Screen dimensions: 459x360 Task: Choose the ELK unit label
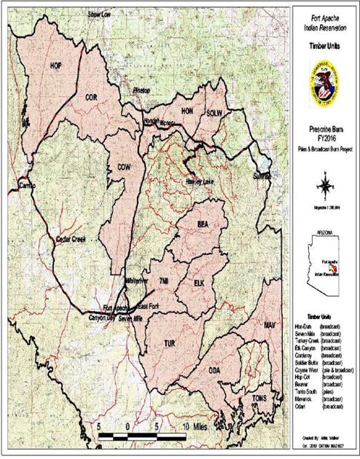[x=200, y=282]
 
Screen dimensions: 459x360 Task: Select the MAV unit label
[x=270, y=323]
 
